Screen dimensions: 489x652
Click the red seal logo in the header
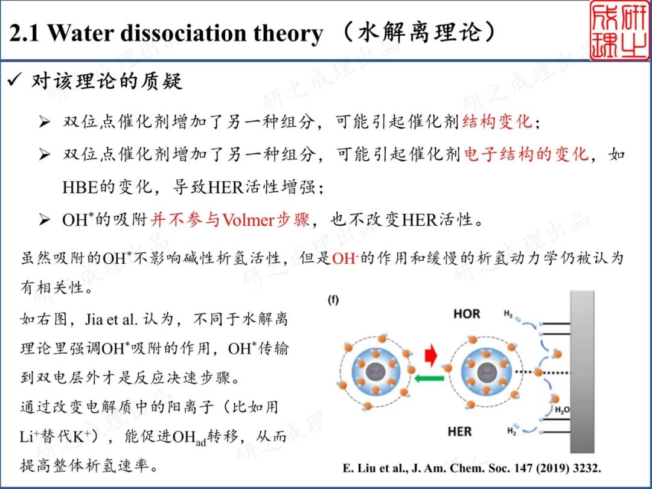coord(619,30)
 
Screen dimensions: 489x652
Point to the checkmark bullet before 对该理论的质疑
coord(14,81)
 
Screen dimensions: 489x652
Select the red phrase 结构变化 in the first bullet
coord(497,122)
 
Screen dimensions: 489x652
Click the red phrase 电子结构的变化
coord(526,155)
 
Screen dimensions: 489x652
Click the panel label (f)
coord(333,300)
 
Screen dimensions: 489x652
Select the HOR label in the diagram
coord(467,314)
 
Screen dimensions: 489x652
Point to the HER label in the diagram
coord(460,432)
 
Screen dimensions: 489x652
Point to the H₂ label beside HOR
coord(508,314)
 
